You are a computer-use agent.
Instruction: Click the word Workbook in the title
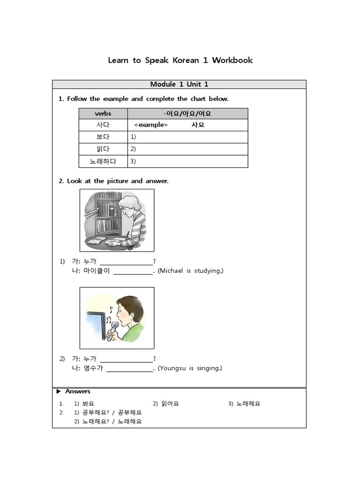232,60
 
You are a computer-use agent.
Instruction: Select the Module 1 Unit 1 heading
179,84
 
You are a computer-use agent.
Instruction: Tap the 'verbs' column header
103,113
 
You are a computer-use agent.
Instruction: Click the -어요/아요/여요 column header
188,113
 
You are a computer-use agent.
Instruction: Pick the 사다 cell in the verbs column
103,125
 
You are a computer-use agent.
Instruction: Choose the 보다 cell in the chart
103,137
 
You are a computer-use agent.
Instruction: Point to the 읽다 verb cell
103,149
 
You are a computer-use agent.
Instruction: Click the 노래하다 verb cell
103,161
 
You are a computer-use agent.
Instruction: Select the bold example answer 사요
198,125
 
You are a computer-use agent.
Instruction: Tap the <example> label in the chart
150,125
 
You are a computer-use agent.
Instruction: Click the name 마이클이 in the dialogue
96,271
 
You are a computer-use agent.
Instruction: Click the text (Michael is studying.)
190,271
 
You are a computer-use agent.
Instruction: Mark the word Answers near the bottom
78,391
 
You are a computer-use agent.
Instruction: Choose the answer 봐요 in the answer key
88,404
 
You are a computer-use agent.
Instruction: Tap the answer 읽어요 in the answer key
170,404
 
